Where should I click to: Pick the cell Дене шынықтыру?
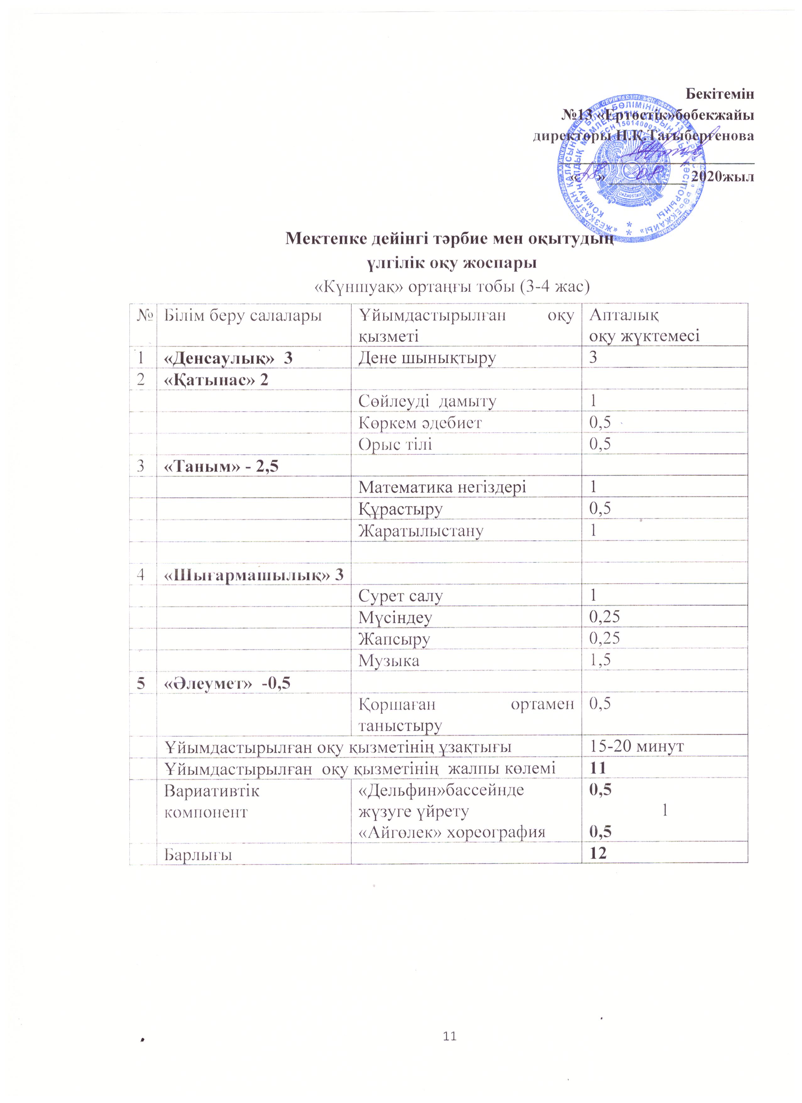[x=427, y=358]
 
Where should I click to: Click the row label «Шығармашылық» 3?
[x=253, y=575]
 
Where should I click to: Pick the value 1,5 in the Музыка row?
[x=600, y=660]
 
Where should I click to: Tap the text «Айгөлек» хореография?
[x=451, y=833]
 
